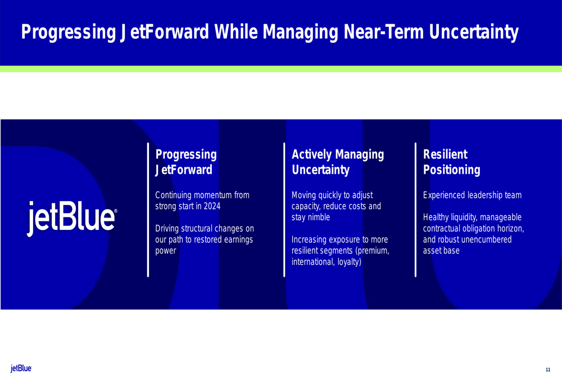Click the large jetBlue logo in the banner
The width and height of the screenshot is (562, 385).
pyautogui.click(x=72, y=218)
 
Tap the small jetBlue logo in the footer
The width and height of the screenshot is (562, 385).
pyautogui.click(x=21, y=368)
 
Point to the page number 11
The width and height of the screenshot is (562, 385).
pyautogui.click(x=547, y=370)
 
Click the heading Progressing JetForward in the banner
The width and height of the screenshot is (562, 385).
pyautogui.click(x=185, y=162)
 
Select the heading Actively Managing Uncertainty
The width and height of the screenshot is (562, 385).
pyautogui.click(x=338, y=162)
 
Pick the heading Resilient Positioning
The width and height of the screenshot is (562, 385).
pyautogui.click(x=452, y=162)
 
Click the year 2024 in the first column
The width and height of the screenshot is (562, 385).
pyautogui.click(x=212, y=206)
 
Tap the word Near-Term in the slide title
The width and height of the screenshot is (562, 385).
pyautogui.click(x=383, y=31)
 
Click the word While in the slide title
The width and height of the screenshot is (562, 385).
pyautogui.click(x=236, y=31)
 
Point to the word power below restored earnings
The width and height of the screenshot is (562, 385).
pyautogui.click(x=166, y=251)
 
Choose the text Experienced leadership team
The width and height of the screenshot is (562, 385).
pyautogui.click(x=472, y=195)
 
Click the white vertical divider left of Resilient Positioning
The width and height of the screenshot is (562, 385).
pyautogui.click(x=415, y=210)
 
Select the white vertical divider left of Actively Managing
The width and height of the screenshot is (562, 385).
pyautogui.click(x=284, y=210)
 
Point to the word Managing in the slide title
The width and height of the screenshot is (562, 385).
pyautogui.click(x=300, y=32)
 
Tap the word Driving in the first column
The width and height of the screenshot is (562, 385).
pyautogui.click(x=167, y=229)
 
